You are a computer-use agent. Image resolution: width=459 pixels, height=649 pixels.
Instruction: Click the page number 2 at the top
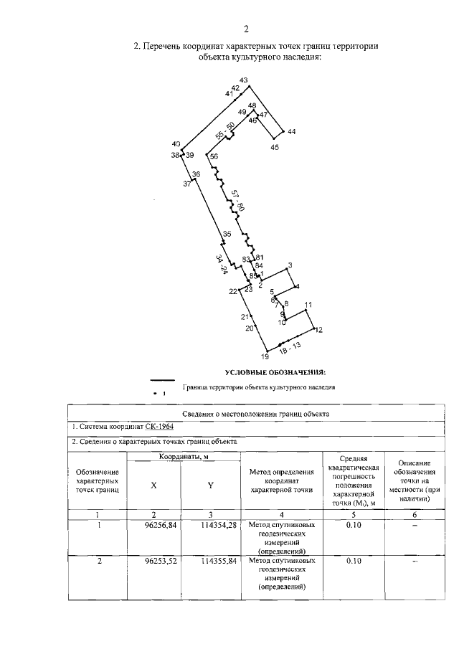(245, 29)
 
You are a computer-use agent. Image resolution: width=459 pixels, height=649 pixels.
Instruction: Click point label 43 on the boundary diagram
(244, 80)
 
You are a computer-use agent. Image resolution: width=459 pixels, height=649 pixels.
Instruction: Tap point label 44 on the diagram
(291, 132)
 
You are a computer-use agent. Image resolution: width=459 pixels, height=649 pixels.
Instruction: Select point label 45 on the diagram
(275, 147)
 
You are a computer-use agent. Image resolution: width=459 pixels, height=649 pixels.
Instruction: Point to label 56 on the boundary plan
(214, 157)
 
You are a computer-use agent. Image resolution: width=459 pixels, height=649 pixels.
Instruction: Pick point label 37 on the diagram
(187, 184)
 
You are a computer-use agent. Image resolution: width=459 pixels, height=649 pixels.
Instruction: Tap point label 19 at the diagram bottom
(264, 356)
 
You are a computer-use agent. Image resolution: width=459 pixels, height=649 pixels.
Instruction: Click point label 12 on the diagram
(319, 330)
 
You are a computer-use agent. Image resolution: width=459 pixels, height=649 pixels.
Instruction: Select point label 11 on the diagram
(309, 305)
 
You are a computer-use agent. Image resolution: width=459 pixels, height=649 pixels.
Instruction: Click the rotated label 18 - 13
(290, 349)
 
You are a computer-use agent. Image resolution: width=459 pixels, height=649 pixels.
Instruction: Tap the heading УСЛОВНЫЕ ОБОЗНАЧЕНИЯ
(275, 372)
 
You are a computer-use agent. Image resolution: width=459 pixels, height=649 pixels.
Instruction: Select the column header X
(153, 485)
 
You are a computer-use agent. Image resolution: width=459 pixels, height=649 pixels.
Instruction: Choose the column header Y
(210, 485)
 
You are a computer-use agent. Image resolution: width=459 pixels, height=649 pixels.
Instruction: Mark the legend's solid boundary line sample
(163, 381)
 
